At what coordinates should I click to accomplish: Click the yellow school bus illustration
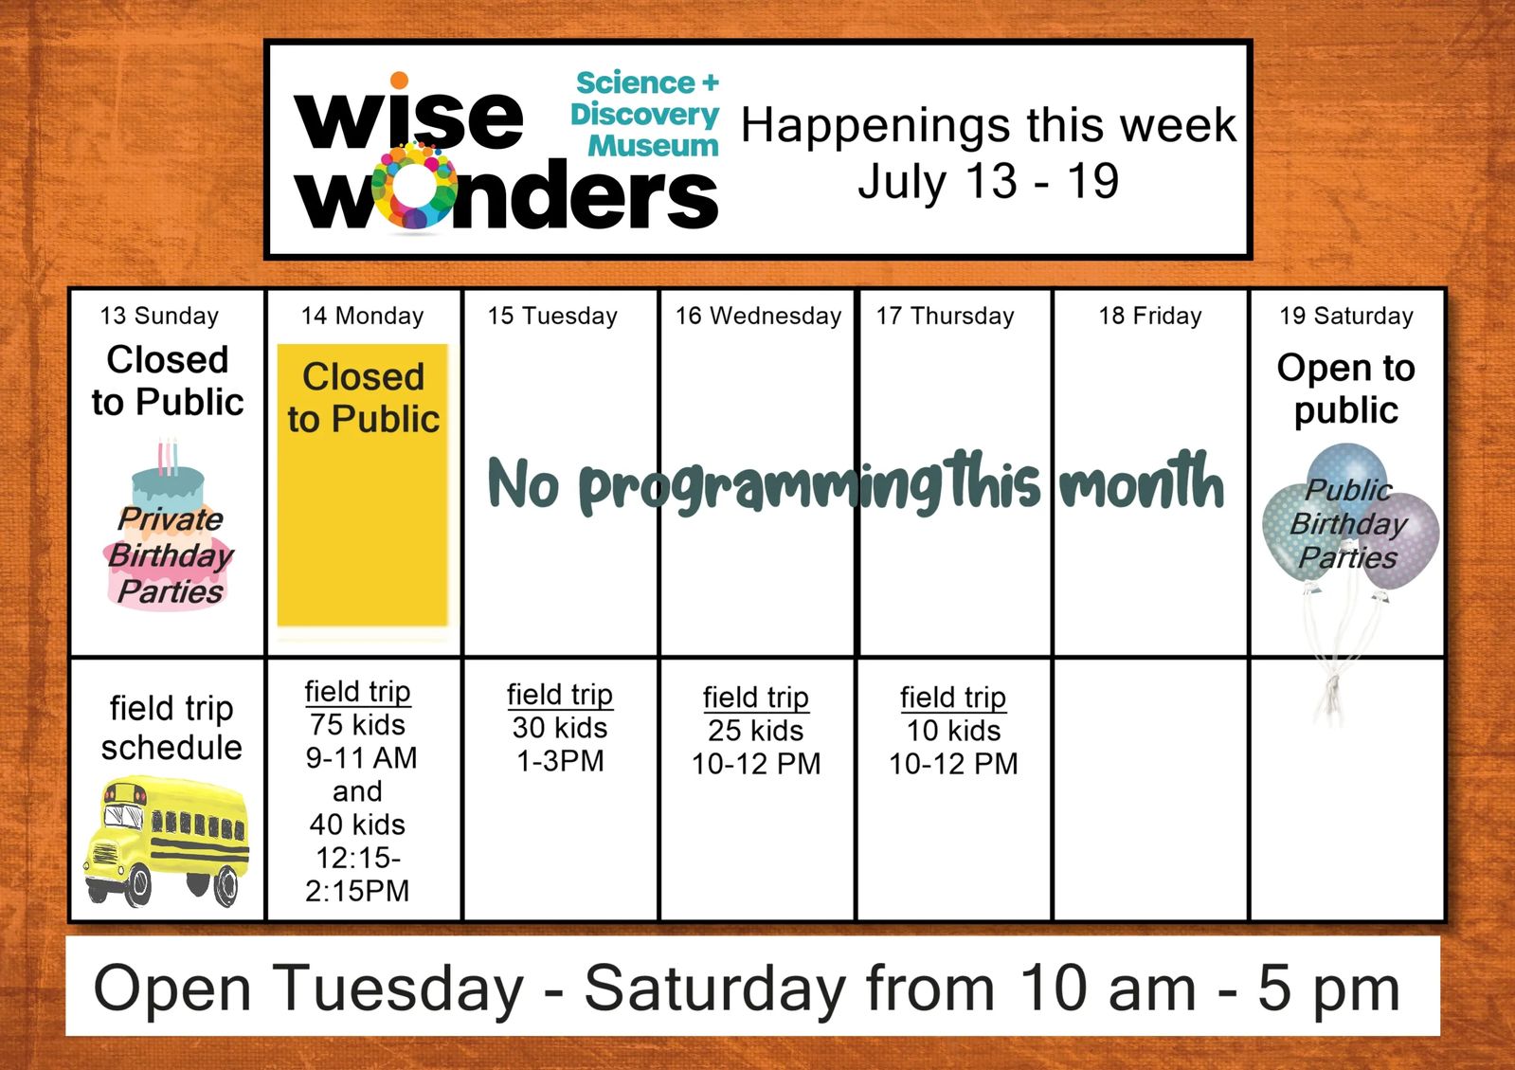tap(167, 842)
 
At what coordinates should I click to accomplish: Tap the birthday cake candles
tap(168, 457)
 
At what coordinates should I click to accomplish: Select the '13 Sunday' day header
tap(159, 316)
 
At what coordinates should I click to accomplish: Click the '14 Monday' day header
tap(363, 316)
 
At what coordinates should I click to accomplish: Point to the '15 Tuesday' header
tap(552, 316)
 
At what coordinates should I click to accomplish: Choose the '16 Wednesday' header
tap(758, 316)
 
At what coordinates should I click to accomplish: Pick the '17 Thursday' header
tap(946, 316)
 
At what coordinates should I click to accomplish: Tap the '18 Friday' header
tap(1150, 316)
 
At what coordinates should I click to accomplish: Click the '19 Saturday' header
tap(1346, 316)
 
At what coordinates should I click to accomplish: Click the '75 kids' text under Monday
tap(358, 725)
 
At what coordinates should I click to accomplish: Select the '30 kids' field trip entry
tap(560, 728)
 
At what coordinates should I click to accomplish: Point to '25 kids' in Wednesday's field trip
tap(755, 731)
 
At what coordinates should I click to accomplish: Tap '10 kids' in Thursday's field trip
tap(953, 731)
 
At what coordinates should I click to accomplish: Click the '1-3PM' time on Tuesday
tap(560, 762)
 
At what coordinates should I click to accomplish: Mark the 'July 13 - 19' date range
tap(988, 181)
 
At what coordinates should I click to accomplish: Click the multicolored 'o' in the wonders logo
tap(414, 188)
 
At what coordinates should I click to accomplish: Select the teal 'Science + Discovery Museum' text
tap(644, 115)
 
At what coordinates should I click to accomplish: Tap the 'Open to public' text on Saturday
tap(1346, 389)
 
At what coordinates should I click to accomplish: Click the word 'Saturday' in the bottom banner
tap(715, 988)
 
